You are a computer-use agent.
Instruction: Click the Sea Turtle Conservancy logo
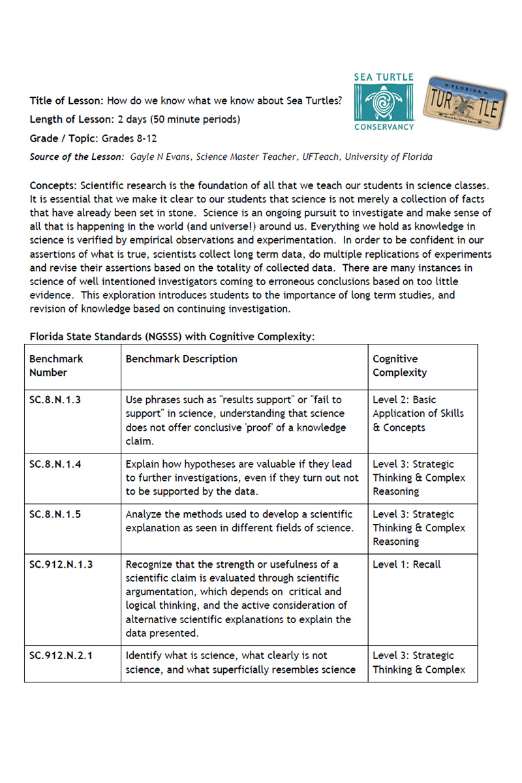tap(384, 102)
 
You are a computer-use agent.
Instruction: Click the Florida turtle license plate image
tap(465, 102)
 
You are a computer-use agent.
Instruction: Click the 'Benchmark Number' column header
tap(56, 365)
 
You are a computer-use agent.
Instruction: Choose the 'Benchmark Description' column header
tap(181, 359)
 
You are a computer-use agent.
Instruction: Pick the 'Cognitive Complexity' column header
tap(399, 365)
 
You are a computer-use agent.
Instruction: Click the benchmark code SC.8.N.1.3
tap(55, 400)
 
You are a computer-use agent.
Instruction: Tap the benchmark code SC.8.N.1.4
tap(55, 464)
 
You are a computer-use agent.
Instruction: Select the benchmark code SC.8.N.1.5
tap(55, 514)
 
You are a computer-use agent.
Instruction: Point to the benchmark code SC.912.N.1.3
tap(61, 564)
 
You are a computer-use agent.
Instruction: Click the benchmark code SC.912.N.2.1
tap(61, 655)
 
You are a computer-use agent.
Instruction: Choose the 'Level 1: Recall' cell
tap(407, 564)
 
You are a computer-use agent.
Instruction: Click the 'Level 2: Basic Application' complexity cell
tap(418, 414)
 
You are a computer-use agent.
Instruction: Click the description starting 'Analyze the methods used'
tap(239, 521)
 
